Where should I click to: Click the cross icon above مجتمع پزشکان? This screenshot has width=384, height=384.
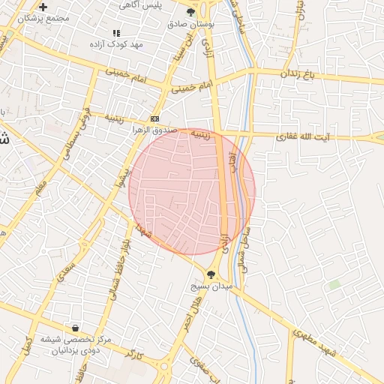coord(43,7)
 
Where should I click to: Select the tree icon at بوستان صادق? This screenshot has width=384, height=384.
coord(192,12)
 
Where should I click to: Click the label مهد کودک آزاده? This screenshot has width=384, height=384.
coord(117,44)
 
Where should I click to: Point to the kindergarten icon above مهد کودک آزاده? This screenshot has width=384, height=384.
coord(116,34)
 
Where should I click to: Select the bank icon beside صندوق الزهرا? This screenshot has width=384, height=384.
coord(154,118)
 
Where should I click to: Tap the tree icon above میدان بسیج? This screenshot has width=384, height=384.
coord(211,275)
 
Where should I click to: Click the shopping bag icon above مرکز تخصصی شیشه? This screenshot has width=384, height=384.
coord(75,328)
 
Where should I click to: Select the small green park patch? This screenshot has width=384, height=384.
coord(334,284)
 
